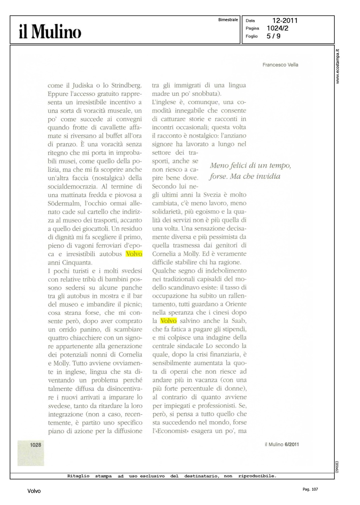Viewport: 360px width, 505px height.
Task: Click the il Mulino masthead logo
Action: coord(50,32)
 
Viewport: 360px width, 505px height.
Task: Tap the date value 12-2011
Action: coord(285,21)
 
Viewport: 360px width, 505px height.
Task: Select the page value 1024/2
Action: coord(277,28)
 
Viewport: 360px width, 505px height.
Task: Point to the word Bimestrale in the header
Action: coord(228,20)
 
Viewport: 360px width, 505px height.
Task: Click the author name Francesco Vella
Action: coord(280,65)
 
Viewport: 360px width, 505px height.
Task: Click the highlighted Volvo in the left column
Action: coord(134,254)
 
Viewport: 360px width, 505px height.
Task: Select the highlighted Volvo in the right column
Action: coord(168,321)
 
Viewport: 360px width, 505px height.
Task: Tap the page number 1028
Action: coord(35,445)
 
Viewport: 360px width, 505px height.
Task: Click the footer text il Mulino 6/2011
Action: coord(282,444)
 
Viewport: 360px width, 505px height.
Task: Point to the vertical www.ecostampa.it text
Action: coord(338,66)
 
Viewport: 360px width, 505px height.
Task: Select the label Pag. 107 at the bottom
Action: coord(310,489)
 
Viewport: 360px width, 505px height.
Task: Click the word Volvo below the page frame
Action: coord(34,491)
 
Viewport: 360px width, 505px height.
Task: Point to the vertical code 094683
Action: coord(337,467)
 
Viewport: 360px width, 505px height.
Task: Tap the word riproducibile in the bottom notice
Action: coord(257,476)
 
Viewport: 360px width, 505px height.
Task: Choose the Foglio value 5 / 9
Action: coord(273,36)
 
